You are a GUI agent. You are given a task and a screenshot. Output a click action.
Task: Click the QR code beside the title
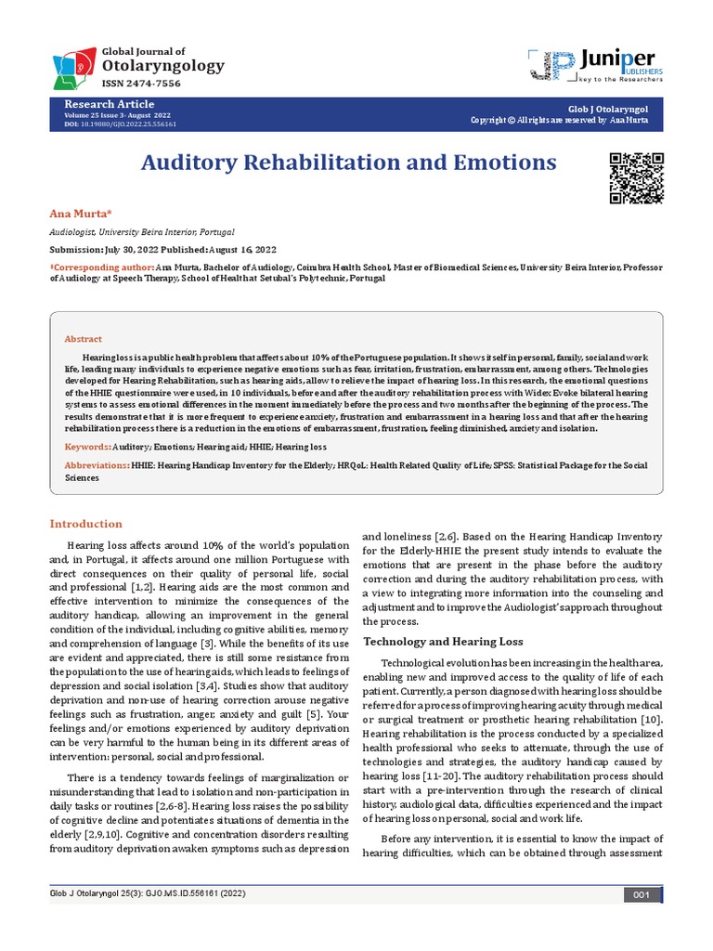[x=636, y=176]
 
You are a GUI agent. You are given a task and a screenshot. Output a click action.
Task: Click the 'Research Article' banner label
[x=109, y=104]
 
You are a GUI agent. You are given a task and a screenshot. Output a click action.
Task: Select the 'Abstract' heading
[x=83, y=339]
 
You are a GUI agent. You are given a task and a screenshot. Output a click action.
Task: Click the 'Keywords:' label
[x=85, y=447]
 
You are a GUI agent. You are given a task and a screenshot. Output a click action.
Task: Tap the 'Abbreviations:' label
[x=97, y=464]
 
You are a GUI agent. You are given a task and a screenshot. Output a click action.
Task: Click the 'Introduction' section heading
[x=85, y=524]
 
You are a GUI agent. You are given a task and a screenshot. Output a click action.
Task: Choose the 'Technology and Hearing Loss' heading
[x=443, y=642]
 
